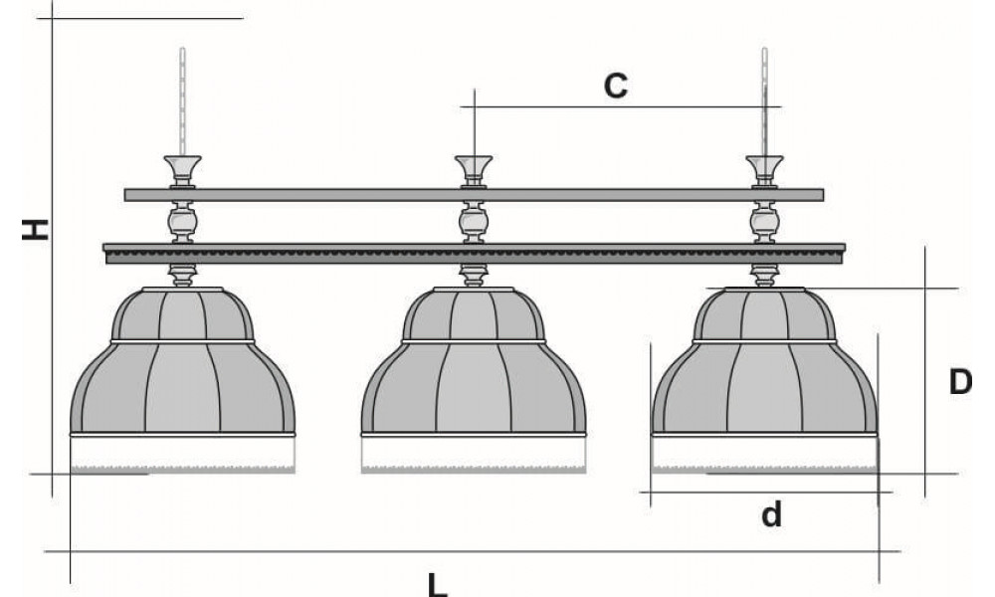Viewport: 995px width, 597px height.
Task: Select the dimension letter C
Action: click(616, 86)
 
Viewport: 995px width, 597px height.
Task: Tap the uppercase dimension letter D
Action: click(958, 382)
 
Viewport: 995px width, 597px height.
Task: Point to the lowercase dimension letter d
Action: click(772, 514)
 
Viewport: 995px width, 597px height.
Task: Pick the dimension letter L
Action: click(438, 583)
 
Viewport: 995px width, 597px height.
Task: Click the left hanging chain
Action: click(182, 99)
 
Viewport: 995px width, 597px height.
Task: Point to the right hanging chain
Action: click(764, 99)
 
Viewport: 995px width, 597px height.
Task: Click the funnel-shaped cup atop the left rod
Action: click(182, 165)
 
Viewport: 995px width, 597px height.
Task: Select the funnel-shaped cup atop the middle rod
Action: click(474, 165)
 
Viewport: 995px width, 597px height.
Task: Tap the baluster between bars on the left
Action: click(182, 221)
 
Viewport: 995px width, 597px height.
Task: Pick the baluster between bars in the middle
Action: click(474, 221)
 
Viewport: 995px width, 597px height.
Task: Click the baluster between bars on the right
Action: click(764, 221)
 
